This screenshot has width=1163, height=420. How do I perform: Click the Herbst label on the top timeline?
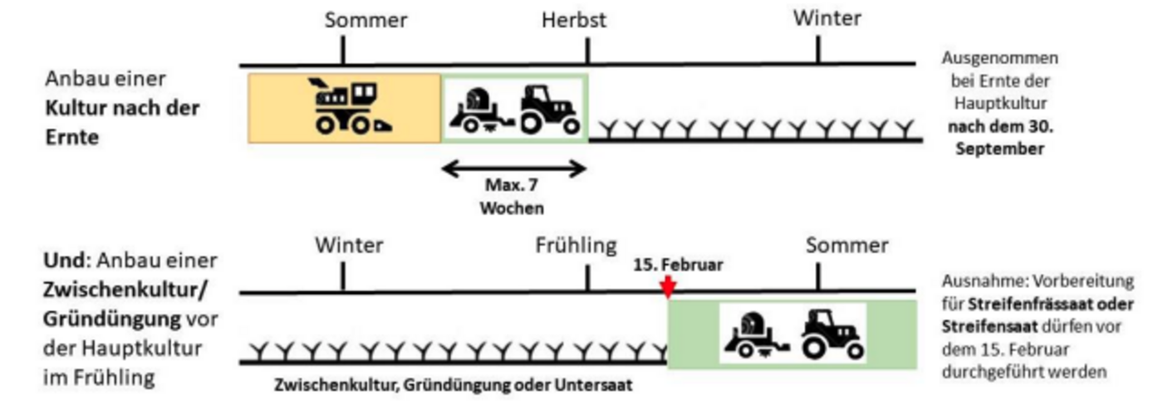(574, 20)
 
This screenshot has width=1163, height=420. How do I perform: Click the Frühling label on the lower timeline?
(576, 246)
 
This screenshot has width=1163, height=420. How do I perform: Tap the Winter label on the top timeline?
(827, 18)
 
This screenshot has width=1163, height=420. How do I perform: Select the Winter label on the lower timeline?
(349, 246)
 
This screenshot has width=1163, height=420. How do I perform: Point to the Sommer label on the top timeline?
(366, 20)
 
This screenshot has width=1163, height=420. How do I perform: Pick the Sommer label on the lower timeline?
(846, 246)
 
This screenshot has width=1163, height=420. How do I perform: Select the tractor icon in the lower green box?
(832, 334)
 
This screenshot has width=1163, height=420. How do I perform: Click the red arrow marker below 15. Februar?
(668, 286)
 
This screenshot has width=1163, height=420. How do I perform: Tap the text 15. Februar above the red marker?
(678, 266)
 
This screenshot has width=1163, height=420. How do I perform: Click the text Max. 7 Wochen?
(511, 197)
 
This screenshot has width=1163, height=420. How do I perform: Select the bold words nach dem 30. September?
(999, 139)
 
